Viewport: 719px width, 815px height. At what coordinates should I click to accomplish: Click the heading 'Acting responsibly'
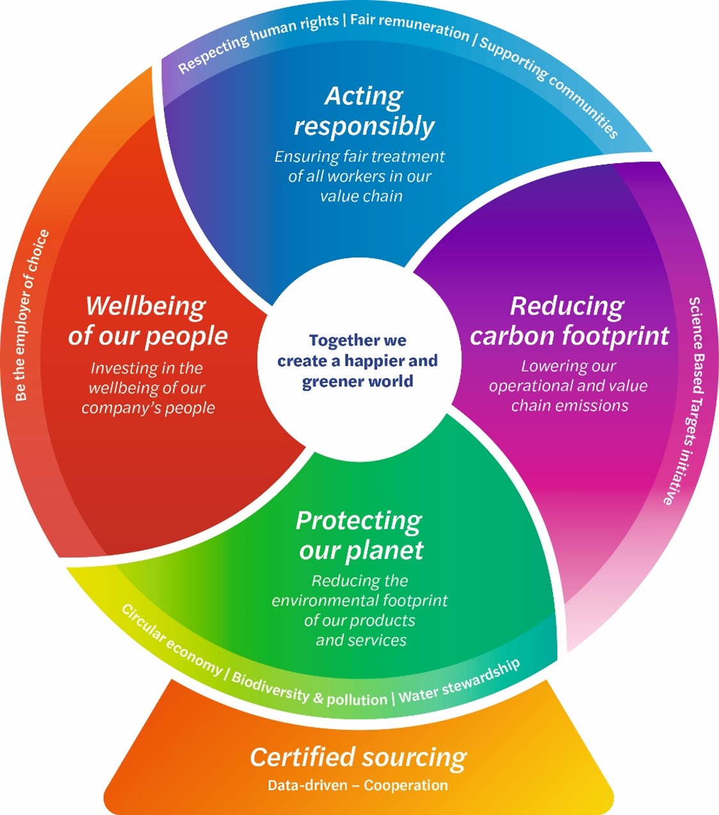point(364,111)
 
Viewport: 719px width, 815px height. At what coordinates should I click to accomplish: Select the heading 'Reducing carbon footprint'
point(569,321)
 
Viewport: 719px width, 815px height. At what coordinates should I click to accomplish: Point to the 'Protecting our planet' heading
point(360,536)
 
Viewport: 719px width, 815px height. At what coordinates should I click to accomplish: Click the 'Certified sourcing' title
point(358,757)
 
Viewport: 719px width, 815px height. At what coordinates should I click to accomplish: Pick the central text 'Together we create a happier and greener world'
point(357,361)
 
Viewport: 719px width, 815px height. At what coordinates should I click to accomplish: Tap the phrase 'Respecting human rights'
point(258,41)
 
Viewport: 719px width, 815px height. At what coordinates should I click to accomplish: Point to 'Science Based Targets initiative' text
point(681,400)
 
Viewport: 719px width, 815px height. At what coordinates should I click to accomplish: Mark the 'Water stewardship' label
point(459,681)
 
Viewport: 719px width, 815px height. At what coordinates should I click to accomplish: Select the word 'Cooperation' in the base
point(406,786)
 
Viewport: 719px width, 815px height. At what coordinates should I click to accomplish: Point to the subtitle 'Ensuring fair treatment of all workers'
point(359,176)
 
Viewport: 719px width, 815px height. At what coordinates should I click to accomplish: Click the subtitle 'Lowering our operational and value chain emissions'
point(569,386)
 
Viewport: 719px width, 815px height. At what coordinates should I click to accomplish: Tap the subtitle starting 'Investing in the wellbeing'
point(147,388)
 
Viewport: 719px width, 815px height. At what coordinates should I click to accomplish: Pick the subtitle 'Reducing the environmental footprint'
point(359,610)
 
